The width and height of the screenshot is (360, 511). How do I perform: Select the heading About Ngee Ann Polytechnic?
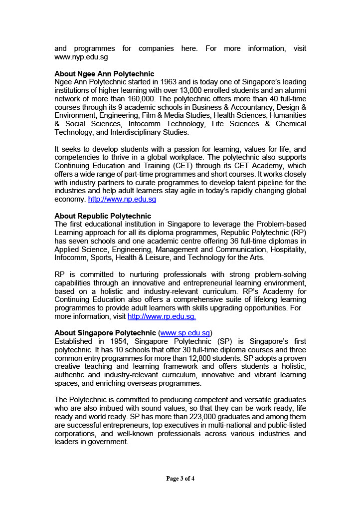click(104, 74)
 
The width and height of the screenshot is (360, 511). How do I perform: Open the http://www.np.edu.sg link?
click(122, 200)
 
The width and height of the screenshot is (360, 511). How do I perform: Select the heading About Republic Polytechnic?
click(103, 216)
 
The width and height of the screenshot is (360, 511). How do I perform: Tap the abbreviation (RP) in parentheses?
click(297, 233)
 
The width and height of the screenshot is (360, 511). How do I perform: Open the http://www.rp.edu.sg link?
click(162, 316)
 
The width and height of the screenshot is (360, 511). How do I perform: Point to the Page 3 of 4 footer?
click(180, 479)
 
